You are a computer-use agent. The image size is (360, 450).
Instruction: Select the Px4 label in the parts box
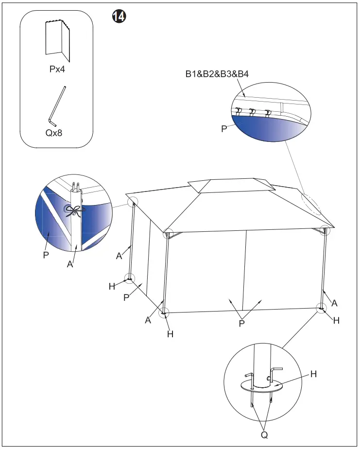[57, 69]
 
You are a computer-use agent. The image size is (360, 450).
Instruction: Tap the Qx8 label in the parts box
[53, 132]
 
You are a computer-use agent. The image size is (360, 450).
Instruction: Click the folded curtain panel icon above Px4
[58, 38]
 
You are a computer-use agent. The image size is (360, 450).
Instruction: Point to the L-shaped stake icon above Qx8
[57, 105]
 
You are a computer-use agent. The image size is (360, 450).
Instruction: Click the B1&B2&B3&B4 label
[217, 74]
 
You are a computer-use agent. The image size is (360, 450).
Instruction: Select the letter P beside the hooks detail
[224, 130]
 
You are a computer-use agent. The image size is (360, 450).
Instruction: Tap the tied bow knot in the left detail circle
[73, 210]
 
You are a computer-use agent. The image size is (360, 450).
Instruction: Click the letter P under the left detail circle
[45, 255]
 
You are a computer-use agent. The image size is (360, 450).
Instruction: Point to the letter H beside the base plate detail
[313, 374]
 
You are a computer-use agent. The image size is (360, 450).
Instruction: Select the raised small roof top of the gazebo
[230, 186]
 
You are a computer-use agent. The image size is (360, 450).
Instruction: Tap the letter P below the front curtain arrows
[241, 323]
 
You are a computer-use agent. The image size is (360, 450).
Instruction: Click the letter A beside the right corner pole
[334, 303]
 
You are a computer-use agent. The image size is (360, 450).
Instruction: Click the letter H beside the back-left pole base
[112, 286]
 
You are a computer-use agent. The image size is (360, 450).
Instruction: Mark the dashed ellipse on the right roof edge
[310, 204]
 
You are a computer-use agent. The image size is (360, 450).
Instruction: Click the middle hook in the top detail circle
[252, 113]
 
